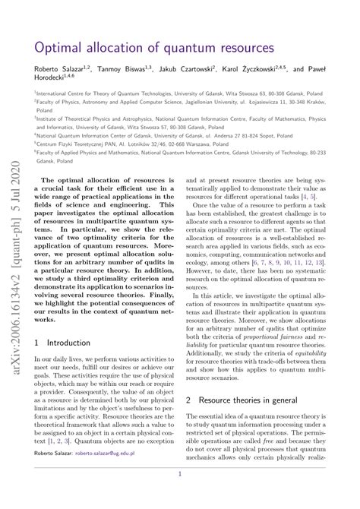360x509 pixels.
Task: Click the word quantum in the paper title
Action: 164,48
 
